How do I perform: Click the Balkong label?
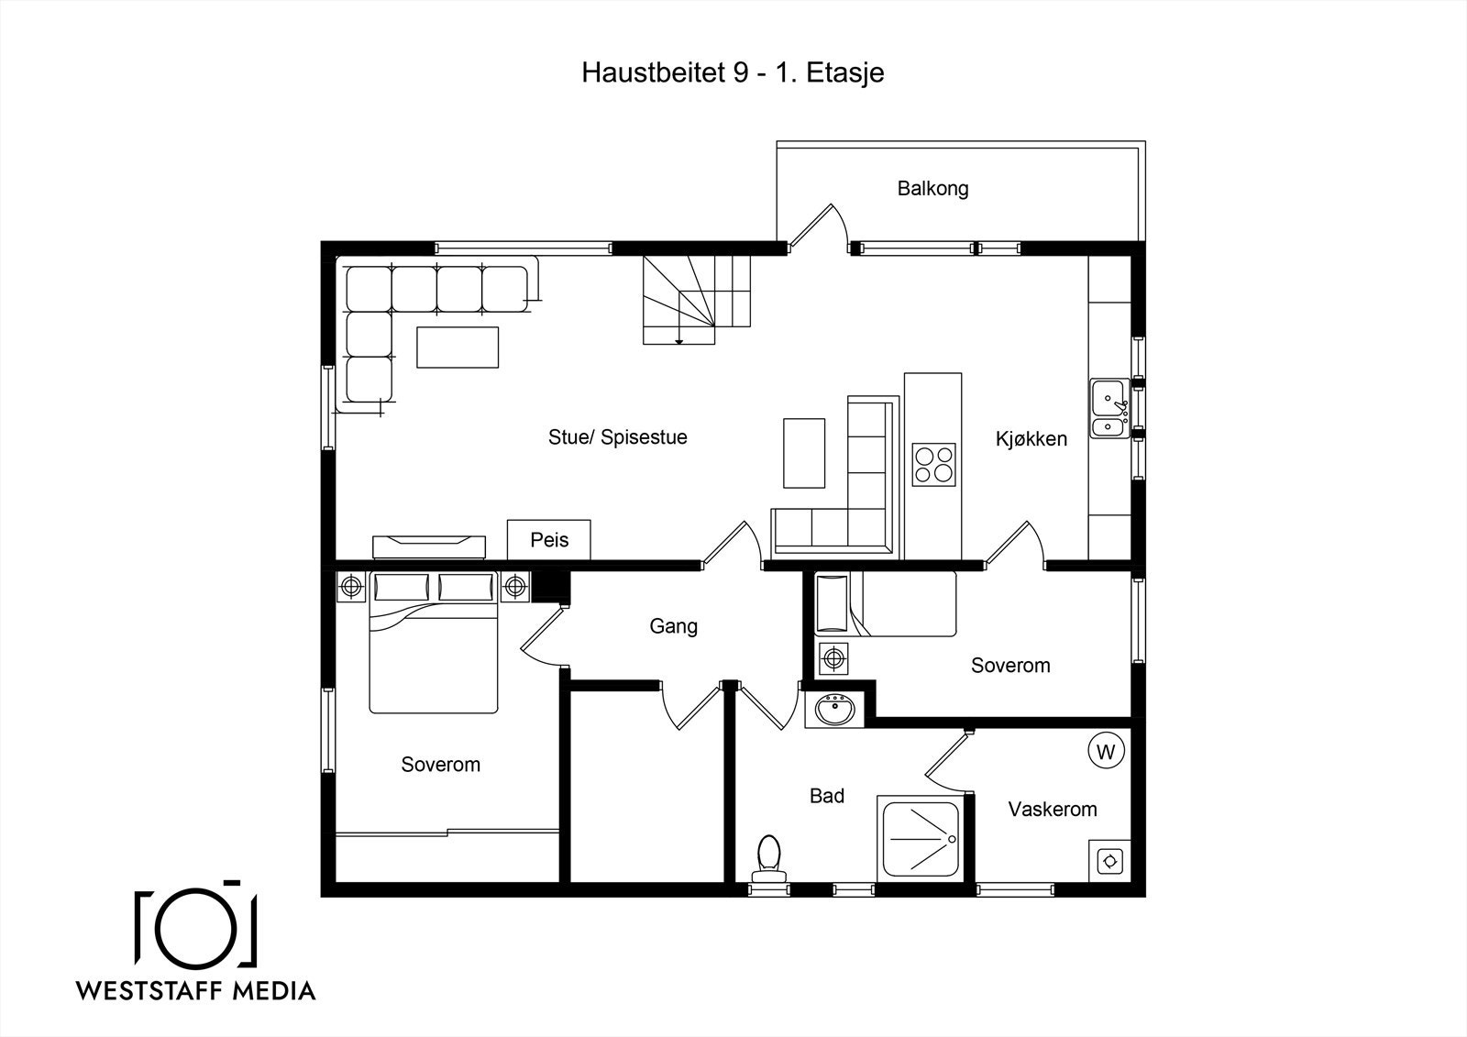click(932, 189)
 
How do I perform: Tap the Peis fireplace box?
click(549, 539)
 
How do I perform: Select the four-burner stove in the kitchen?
click(933, 463)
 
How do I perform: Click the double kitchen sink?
click(1109, 408)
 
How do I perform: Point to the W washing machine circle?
click(1106, 752)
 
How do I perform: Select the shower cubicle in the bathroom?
click(920, 838)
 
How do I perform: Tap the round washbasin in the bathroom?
click(834, 709)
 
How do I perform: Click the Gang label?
click(673, 626)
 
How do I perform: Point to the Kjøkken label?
click(1031, 439)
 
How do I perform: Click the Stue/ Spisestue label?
click(617, 437)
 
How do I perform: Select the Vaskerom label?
click(1052, 810)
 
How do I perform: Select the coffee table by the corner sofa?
click(458, 348)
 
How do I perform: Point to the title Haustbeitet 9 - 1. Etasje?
click(732, 73)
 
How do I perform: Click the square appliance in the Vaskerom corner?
click(1110, 861)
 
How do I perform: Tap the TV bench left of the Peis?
click(428, 546)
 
